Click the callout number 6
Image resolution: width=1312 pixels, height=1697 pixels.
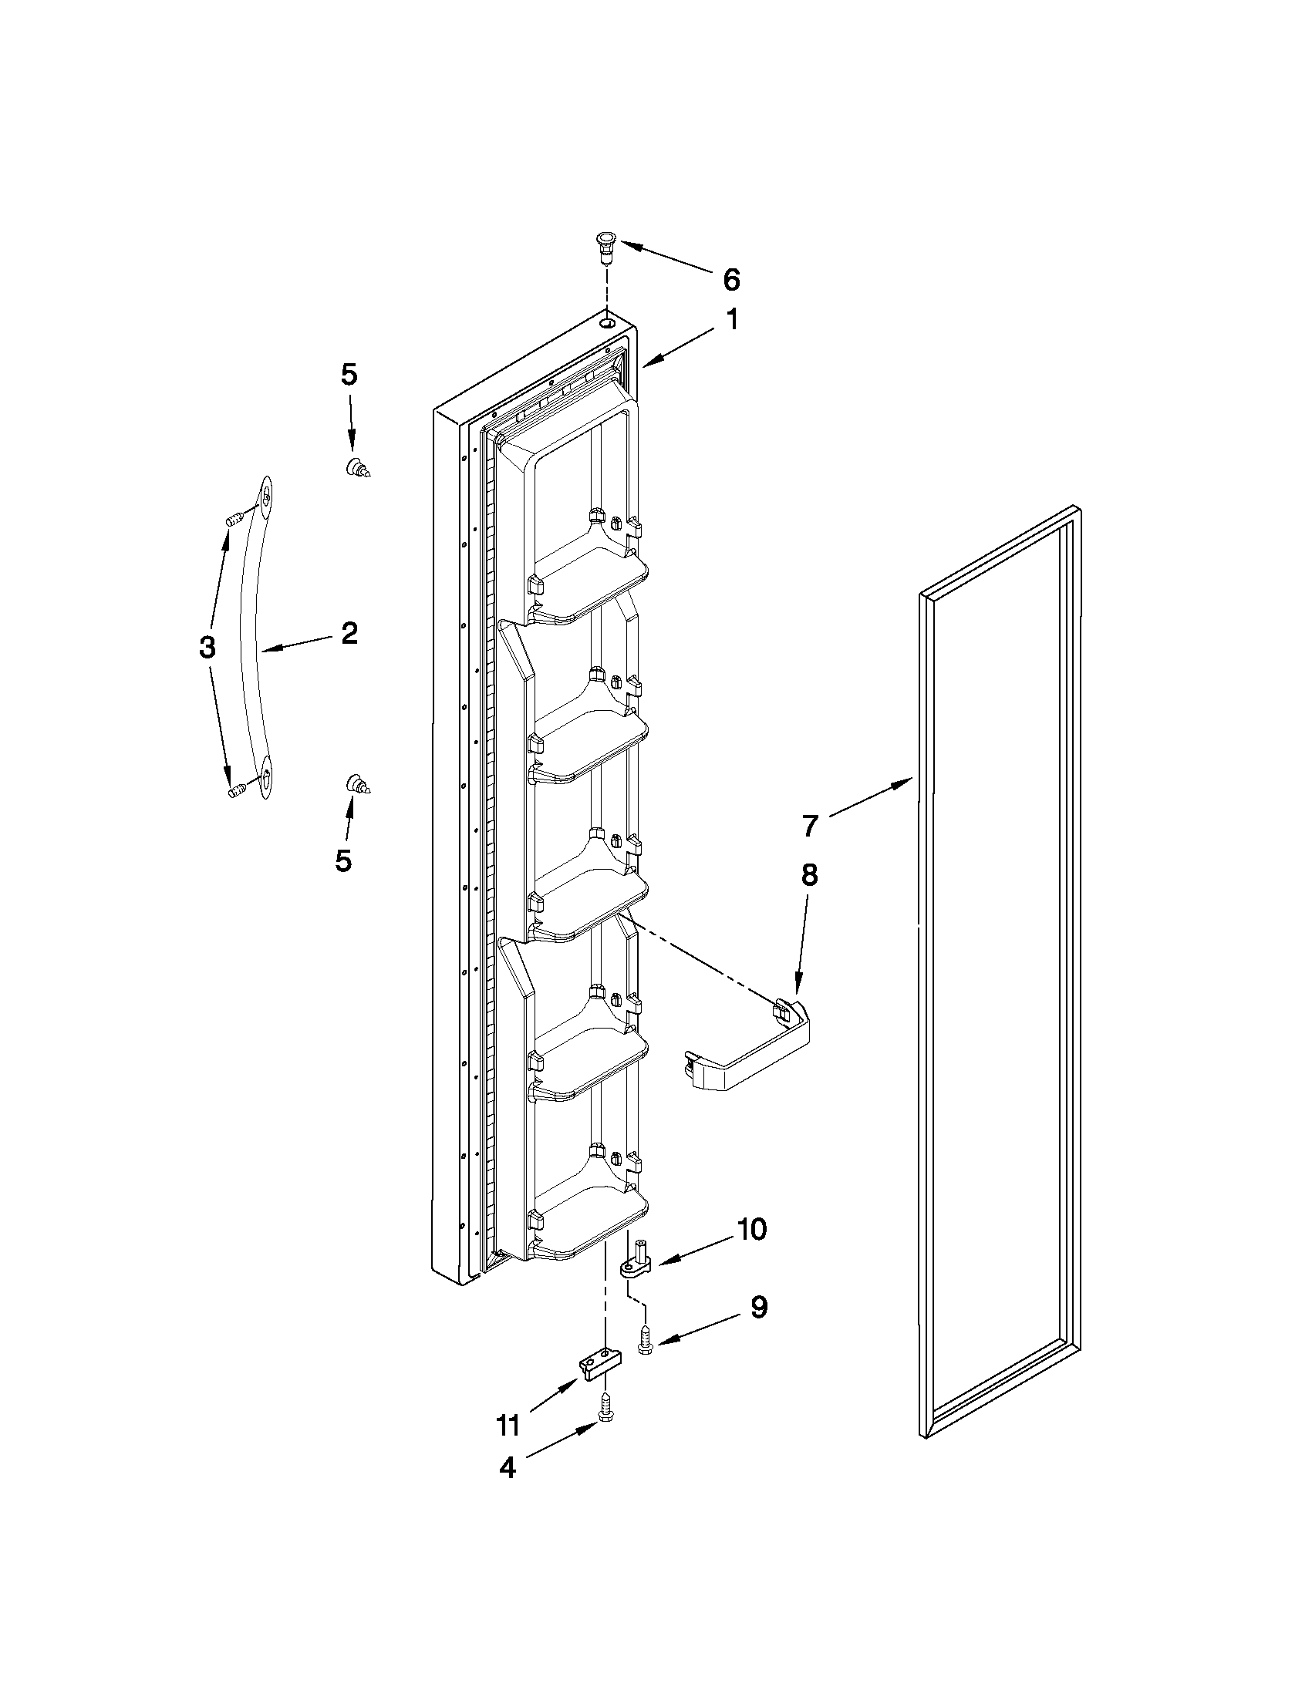coord(730,279)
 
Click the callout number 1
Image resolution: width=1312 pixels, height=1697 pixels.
coord(733,319)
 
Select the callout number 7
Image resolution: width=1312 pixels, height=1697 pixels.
coord(810,825)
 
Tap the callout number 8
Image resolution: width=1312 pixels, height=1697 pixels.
coord(809,875)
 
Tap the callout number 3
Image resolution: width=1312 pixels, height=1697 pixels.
coord(207,646)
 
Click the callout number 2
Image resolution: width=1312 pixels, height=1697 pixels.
coord(349,633)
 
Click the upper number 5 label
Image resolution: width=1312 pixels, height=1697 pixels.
coord(349,375)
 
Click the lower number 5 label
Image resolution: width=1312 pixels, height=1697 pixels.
coord(342,860)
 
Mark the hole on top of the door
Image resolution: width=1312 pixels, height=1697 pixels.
coord(607,320)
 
